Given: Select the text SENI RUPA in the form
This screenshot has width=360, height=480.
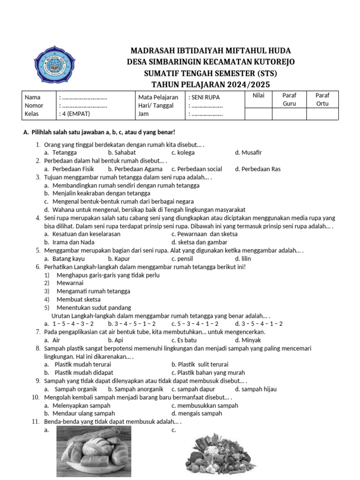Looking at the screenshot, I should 205,97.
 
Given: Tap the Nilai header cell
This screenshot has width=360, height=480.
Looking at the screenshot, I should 258,95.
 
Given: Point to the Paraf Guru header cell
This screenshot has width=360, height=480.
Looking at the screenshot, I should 289,99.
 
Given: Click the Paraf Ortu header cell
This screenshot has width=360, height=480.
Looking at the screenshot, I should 322,99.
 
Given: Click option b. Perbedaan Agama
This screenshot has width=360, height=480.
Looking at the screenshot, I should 135,169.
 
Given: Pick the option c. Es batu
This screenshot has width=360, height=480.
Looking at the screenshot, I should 184,340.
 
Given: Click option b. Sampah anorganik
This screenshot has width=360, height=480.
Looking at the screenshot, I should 135,389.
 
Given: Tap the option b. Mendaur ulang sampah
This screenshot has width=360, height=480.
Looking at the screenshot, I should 79,413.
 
